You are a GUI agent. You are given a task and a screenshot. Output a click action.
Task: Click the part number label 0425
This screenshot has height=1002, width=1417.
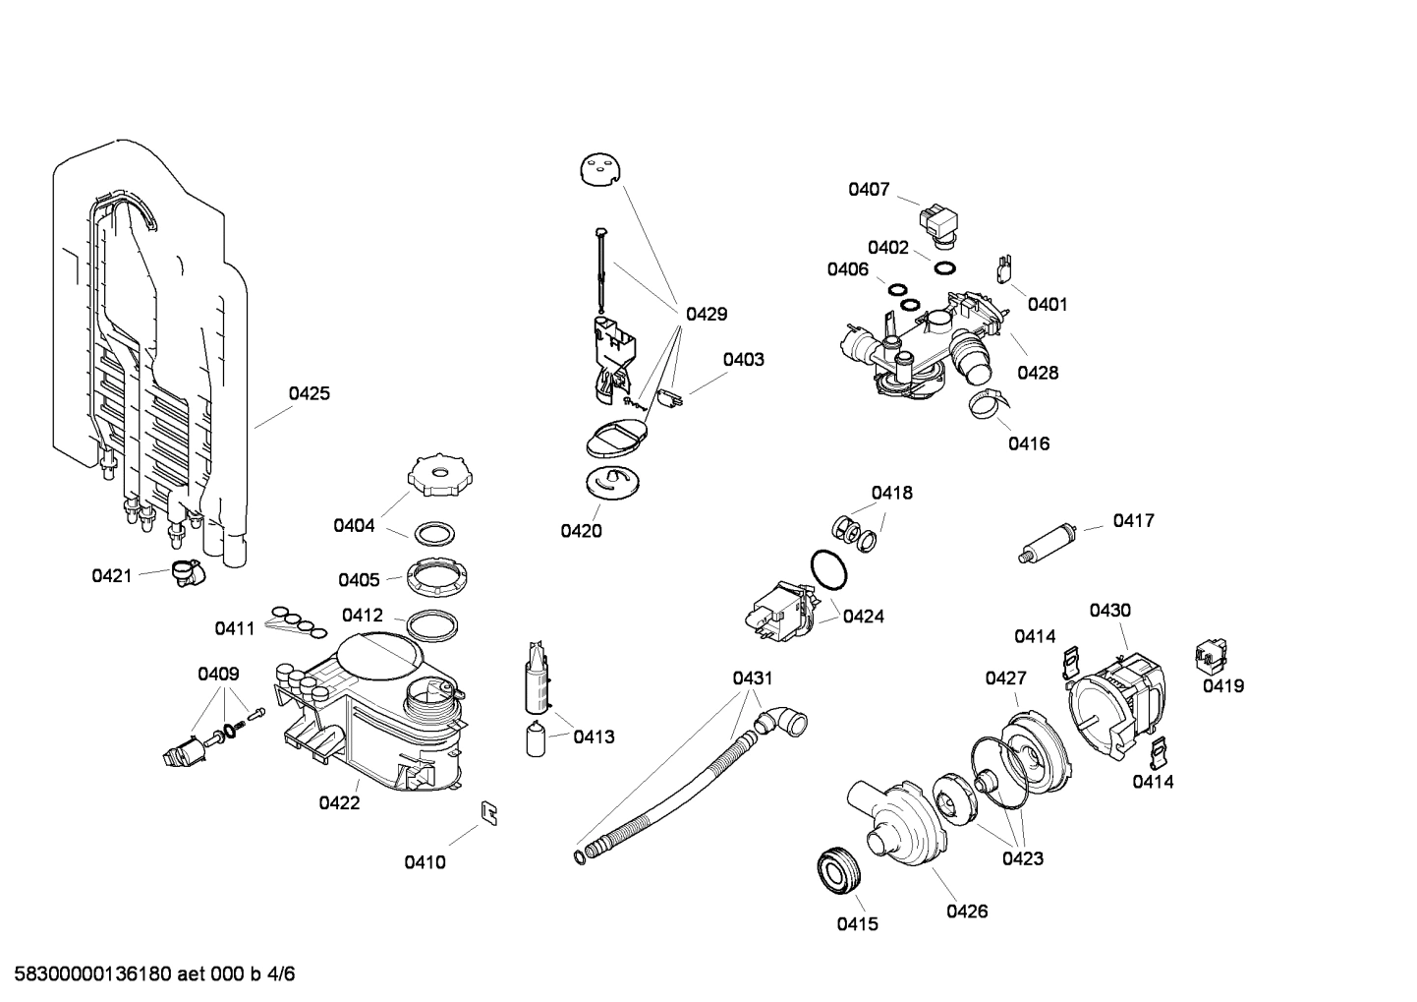tap(309, 393)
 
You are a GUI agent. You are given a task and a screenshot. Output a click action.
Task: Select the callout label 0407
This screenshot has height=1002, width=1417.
tap(869, 189)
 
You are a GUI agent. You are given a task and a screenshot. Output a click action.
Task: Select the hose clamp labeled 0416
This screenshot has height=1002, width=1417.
tap(987, 403)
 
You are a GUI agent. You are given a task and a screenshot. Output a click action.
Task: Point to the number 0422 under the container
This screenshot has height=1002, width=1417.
tap(339, 802)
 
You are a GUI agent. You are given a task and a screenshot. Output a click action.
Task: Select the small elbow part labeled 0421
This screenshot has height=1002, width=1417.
tap(184, 572)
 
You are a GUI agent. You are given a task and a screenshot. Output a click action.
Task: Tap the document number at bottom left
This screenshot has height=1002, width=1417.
tap(147, 974)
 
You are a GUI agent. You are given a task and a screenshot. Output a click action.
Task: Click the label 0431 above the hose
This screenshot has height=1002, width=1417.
tap(753, 678)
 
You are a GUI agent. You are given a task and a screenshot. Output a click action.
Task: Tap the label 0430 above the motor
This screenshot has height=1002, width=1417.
tap(1109, 610)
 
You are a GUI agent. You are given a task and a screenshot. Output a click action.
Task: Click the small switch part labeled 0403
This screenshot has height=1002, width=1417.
tap(672, 398)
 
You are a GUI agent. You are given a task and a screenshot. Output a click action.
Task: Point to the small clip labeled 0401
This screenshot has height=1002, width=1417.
tap(1004, 266)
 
